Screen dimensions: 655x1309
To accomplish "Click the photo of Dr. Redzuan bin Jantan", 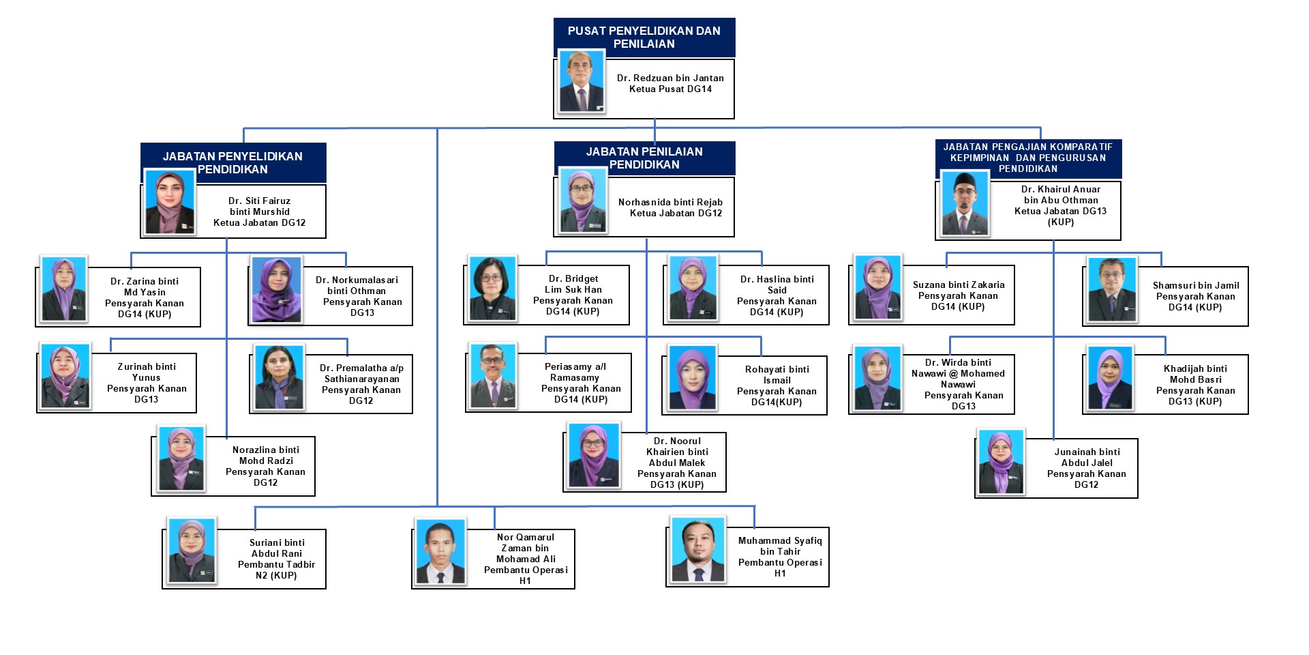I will [x=582, y=81].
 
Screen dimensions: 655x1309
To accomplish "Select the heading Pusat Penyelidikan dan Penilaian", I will [x=644, y=37].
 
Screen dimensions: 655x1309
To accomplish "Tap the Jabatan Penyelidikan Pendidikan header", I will [x=232, y=162].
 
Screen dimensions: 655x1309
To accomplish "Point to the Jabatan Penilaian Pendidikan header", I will [x=644, y=158].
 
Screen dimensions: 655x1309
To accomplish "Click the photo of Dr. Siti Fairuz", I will [x=170, y=202].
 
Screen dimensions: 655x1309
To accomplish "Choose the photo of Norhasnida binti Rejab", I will [x=583, y=201].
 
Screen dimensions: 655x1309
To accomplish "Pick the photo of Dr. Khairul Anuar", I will [x=965, y=204].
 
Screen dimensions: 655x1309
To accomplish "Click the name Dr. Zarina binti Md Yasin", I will [x=145, y=287].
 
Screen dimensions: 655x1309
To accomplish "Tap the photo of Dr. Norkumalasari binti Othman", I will [x=276, y=290].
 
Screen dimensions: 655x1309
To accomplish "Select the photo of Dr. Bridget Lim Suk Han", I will [x=492, y=289].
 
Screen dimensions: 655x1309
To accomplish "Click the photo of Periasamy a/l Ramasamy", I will [x=492, y=376].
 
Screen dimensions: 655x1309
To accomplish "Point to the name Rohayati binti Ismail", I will [x=777, y=375].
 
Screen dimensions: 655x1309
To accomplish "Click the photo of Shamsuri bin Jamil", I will [x=1112, y=290].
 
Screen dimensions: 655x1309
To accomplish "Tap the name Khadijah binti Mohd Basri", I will [x=1195, y=374].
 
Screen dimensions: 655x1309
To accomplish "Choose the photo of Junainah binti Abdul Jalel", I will [x=1000, y=463].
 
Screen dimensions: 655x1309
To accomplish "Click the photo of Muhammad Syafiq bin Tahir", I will [x=697, y=550].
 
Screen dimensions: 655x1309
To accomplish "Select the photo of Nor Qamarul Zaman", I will [x=440, y=553].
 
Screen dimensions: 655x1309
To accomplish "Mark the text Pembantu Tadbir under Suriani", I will [x=276, y=564].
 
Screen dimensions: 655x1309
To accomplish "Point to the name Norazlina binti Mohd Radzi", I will [x=266, y=455].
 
